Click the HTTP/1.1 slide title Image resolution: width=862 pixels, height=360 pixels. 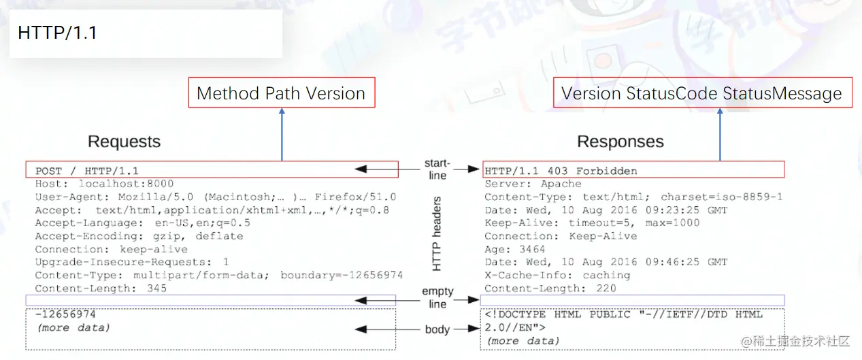tap(57, 33)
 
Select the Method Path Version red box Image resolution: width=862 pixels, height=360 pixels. tap(281, 93)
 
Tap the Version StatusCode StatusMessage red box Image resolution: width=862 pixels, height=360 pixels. tap(701, 93)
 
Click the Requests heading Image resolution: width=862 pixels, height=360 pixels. tap(125, 142)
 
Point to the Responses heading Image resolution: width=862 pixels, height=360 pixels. tap(620, 142)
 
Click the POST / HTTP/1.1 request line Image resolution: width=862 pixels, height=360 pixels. tap(87, 171)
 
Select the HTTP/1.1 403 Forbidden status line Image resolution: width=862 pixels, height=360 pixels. tap(561, 170)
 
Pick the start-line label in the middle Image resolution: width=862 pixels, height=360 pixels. tap(437, 169)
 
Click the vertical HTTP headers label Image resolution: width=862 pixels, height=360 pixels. tap(437, 233)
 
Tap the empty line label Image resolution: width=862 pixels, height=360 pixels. tap(437, 297)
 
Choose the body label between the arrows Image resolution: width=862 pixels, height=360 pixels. tap(437, 329)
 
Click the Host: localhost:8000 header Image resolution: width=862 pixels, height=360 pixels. tap(104, 184)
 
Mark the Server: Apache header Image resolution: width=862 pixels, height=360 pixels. tap(533, 184)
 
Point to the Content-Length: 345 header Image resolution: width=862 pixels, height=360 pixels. tap(101, 288)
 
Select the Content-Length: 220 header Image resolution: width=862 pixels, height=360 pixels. tap(550, 288)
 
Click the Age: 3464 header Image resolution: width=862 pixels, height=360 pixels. tap(515, 249)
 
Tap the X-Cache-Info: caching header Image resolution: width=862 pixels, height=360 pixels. tap(557, 275)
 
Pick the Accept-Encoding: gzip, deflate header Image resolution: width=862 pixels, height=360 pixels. tap(139, 236)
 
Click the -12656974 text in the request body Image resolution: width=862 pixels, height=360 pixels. tap(65, 314)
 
